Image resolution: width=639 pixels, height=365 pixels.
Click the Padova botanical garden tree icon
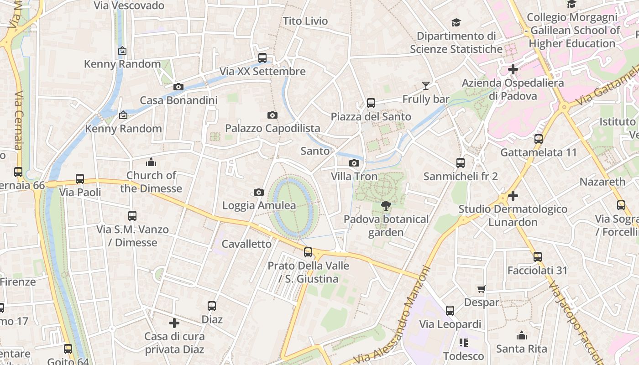pos(386,206)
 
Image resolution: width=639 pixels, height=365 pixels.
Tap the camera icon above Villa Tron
pos(354,163)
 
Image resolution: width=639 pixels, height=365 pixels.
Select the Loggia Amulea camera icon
pos(259,192)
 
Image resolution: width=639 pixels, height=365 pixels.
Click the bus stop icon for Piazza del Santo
pos(371,103)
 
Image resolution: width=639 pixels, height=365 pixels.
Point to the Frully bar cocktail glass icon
pos(425,85)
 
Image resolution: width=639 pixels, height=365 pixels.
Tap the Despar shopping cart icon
pos(481,289)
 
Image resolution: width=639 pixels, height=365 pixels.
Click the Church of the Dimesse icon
pos(151,162)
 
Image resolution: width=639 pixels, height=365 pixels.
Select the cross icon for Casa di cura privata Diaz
pos(174,323)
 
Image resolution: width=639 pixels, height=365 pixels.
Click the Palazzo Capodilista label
pos(272,129)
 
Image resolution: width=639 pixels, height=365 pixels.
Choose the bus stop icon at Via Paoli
pos(80,179)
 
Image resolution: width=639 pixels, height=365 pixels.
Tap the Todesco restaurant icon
pos(464,342)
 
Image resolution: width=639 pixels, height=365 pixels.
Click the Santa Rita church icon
pos(521,336)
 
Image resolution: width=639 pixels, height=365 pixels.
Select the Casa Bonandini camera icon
pos(178,87)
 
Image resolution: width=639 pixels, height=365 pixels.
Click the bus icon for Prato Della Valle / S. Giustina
pos(308,252)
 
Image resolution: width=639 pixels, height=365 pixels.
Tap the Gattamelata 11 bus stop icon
pos(539,139)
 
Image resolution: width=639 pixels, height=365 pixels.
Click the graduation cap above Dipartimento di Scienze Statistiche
pos(456,22)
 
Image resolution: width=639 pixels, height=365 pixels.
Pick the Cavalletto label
pos(246,244)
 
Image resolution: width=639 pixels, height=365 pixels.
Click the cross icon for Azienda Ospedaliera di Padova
pos(513,69)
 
